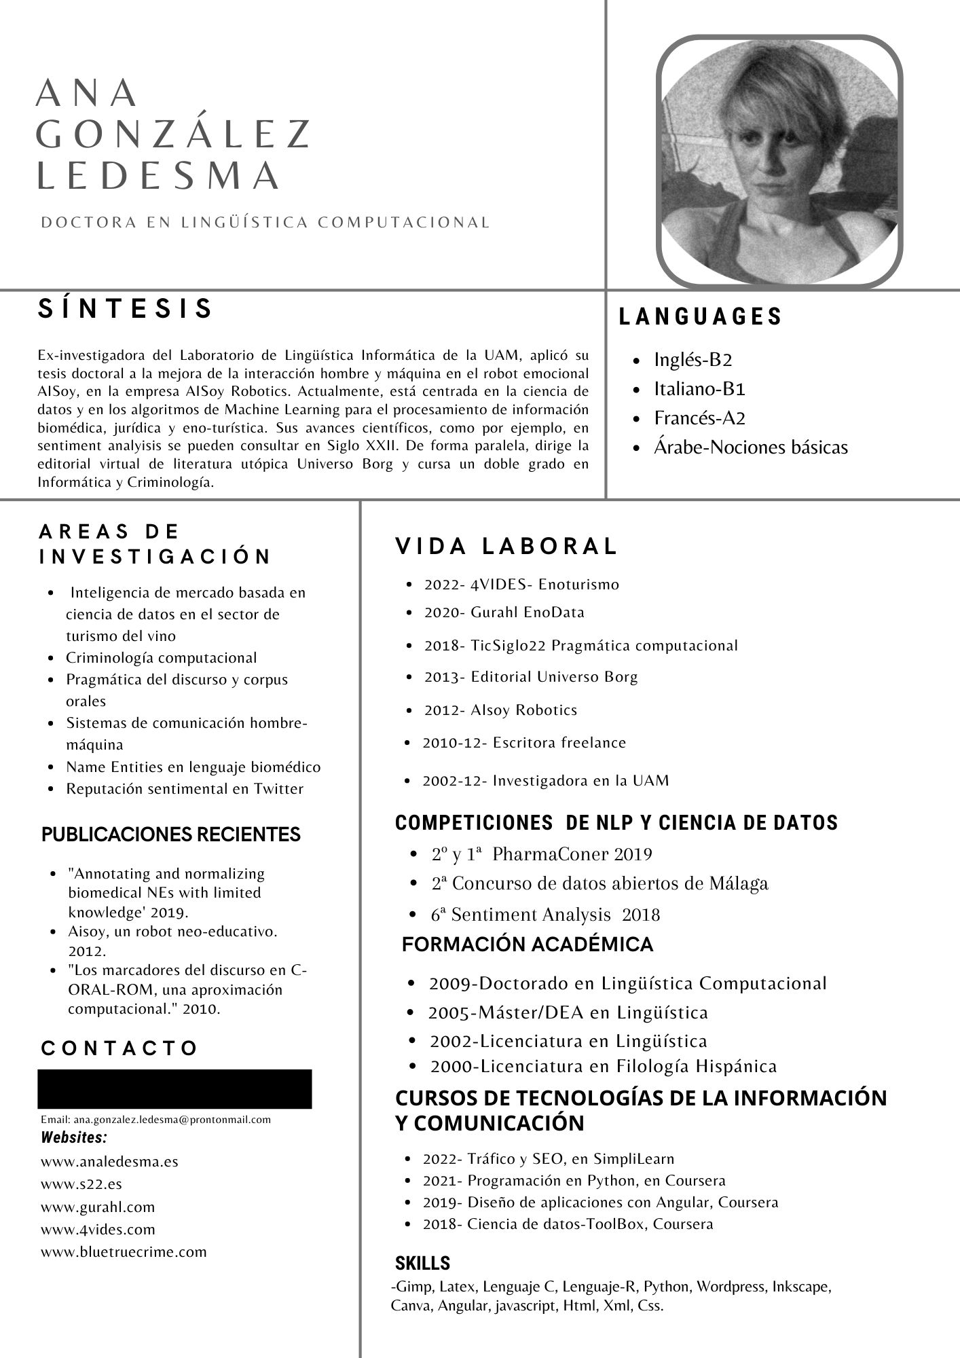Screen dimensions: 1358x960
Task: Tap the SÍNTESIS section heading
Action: tap(126, 308)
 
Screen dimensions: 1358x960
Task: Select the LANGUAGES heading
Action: tap(701, 316)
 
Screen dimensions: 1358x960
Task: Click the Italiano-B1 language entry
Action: tap(699, 388)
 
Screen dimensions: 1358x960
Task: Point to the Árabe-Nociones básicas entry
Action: tap(750, 447)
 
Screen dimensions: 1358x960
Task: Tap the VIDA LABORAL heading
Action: tap(506, 546)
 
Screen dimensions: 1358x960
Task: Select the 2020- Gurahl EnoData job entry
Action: tap(504, 612)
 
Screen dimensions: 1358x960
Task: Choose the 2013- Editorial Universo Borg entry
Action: tap(531, 676)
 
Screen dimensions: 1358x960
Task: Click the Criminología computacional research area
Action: tap(161, 657)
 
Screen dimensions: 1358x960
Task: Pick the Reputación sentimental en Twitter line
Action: tap(184, 788)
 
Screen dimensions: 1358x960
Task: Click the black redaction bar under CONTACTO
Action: tap(174, 1088)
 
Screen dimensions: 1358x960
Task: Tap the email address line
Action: tap(155, 1119)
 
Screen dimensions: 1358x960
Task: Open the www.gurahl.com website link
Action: tap(98, 1207)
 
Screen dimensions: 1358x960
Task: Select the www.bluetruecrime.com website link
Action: tap(124, 1251)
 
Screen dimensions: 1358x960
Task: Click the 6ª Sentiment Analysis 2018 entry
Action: tap(545, 915)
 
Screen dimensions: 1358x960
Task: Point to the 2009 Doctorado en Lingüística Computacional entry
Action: tap(627, 983)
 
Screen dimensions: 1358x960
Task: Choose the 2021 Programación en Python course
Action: tap(574, 1180)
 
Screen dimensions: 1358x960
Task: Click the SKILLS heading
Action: tap(422, 1263)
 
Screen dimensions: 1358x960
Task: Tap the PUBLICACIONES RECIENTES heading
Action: tap(171, 834)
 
